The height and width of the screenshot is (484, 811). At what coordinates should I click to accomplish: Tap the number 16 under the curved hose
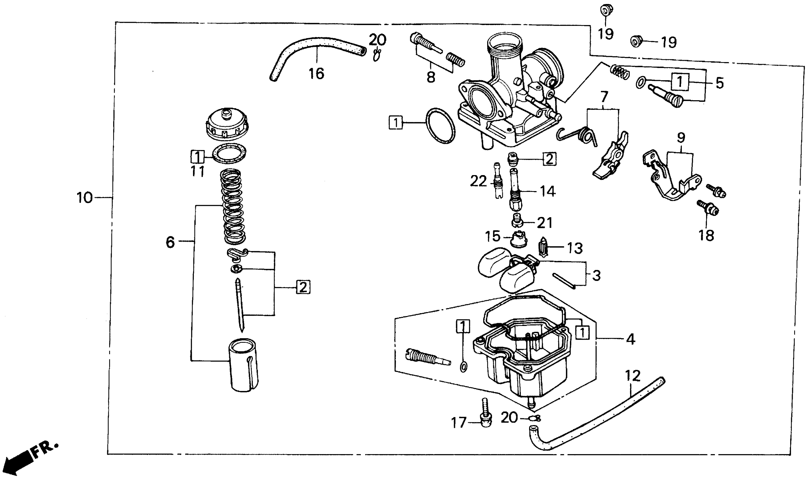click(316, 74)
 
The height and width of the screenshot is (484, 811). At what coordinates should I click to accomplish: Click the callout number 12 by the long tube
click(633, 376)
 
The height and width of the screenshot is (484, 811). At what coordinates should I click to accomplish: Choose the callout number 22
click(478, 181)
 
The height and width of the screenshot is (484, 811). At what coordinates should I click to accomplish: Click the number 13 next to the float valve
click(575, 249)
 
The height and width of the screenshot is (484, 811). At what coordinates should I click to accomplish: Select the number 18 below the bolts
click(706, 235)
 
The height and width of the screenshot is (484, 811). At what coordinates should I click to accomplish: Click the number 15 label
click(492, 236)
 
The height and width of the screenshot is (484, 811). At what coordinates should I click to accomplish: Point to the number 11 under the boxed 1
click(198, 171)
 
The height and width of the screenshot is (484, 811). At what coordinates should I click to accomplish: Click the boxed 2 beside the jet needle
click(303, 287)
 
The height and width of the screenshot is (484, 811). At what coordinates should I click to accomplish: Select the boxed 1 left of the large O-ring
click(396, 123)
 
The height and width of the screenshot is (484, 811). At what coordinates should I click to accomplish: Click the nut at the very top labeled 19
click(606, 10)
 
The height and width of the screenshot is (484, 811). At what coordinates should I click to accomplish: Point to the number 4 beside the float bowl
click(631, 340)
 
